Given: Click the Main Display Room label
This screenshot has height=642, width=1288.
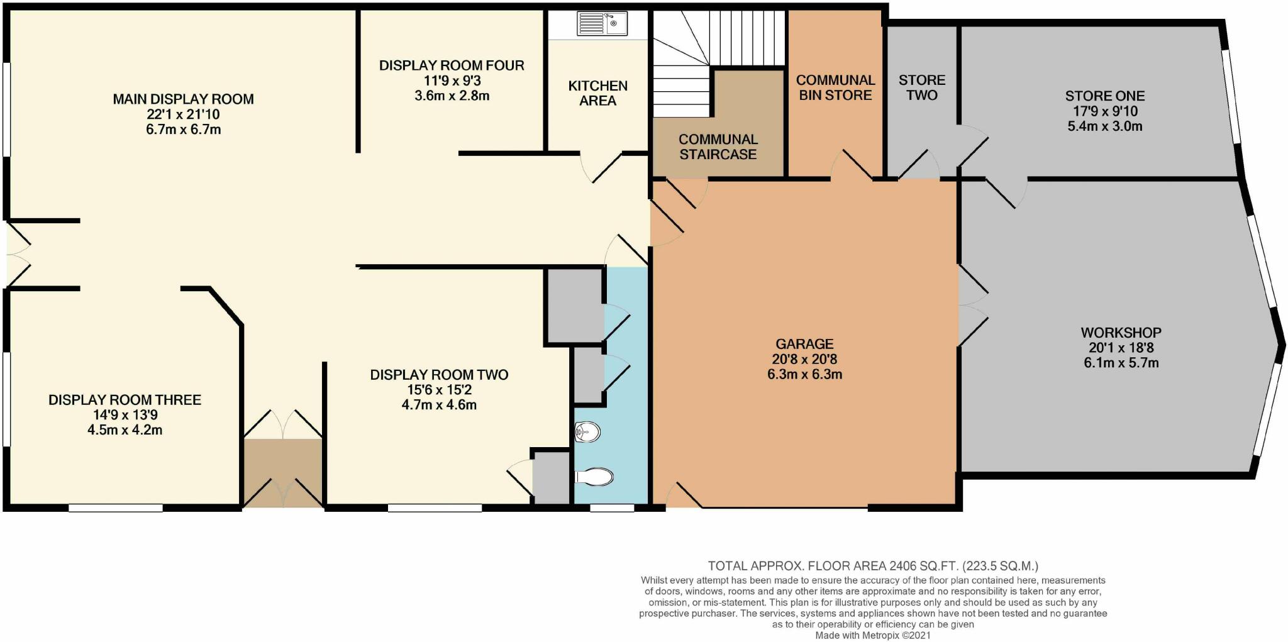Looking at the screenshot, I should coord(183,99).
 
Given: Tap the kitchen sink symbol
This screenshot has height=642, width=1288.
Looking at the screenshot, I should coord(602,25).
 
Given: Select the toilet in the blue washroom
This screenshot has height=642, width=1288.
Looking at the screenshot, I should coord(594,477).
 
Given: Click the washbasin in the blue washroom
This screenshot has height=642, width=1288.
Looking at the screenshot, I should coord(589,432).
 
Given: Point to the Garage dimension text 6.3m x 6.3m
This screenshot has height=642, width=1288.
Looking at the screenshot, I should coord(804,375).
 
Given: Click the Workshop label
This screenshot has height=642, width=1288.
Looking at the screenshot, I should coord(1121,333).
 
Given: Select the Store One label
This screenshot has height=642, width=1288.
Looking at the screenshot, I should coord(1104,96).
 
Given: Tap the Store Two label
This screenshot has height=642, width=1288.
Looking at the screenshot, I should coord(921,87).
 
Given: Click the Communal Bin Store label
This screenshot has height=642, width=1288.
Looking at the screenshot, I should coord(835,87).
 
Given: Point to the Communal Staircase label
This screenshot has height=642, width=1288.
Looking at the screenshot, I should coord(718,147).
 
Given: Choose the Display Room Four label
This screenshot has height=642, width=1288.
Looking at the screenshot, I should coord(452,65).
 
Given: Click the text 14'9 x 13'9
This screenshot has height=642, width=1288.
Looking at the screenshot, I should coord(125,415).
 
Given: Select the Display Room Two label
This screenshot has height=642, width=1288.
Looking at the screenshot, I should coord(439,375).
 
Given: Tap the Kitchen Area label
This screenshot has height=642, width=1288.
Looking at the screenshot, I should coord(597,93).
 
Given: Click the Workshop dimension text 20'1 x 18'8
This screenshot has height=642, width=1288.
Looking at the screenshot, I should coord(1121,348).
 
